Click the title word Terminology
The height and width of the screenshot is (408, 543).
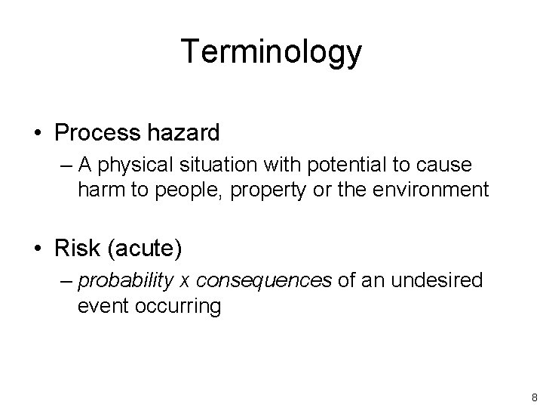(271, 52)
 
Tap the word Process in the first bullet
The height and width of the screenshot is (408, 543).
(96, 134)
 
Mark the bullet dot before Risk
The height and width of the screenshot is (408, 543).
(37, 249)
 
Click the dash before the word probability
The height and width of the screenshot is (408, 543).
(66, 282)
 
